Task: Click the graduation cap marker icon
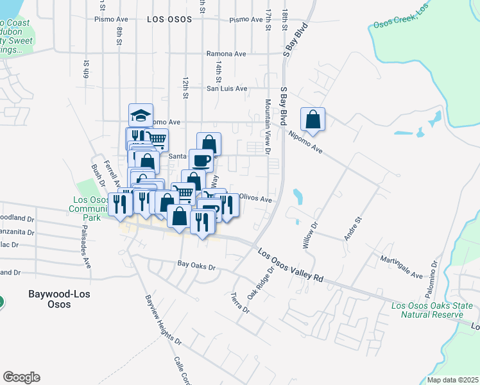click(x=141, y=116)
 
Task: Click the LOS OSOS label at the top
click(x=169, y=20)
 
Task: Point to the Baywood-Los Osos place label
click(x=58, y=299)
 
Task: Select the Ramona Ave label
click(x=227, y=54)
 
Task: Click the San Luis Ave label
click(x=226, y=89)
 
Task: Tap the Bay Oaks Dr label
click(x=196, y=264)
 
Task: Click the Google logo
click(x=21, y=377)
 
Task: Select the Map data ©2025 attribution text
click(x=452, y=380)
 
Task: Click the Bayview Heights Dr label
click(x=155, y=320)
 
